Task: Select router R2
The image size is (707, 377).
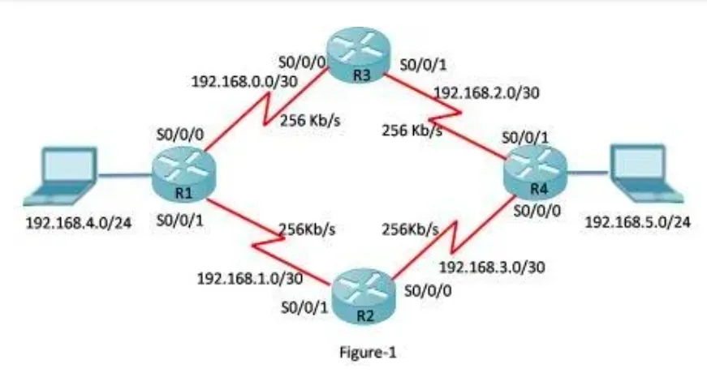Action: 362,291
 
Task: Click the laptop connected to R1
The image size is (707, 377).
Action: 61,176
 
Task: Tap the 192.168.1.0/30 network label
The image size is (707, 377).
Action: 250,277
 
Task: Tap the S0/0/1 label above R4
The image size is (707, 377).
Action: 526,138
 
